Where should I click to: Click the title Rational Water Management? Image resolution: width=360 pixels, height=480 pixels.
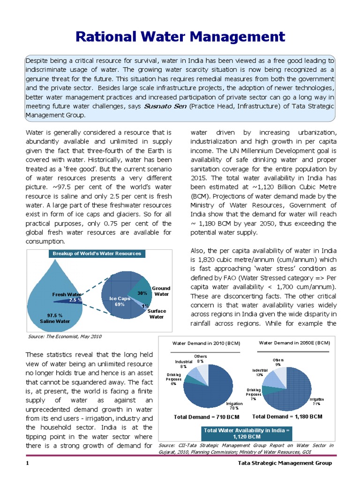click(180, 37)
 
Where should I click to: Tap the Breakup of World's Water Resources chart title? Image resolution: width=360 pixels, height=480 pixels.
click(97, 254)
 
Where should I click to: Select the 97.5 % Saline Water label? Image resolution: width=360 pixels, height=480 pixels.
click(55, 318)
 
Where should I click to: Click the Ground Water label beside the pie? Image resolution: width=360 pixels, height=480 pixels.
click(161, 291)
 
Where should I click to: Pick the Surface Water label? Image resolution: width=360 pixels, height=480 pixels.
click(156, 314)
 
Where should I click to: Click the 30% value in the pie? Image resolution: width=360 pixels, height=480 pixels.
click(142, 293)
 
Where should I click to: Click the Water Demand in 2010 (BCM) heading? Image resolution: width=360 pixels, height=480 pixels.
click(207, 344)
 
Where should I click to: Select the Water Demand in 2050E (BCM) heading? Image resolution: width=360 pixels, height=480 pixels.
click(294, 343)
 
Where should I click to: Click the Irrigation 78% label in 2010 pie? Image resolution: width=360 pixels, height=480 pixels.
click(234, 405)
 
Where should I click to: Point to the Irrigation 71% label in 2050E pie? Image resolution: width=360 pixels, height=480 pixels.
click(316, 401)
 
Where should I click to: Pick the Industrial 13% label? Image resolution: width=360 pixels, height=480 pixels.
click(259, 372)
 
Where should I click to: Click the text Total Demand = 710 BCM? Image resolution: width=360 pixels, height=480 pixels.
click(207, 417)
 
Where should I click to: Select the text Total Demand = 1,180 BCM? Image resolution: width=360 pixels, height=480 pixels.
click(287, 416)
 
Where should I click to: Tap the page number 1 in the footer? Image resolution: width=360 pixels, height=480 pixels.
click(28, 463)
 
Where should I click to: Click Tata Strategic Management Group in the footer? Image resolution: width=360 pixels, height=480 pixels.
click(285, 463)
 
